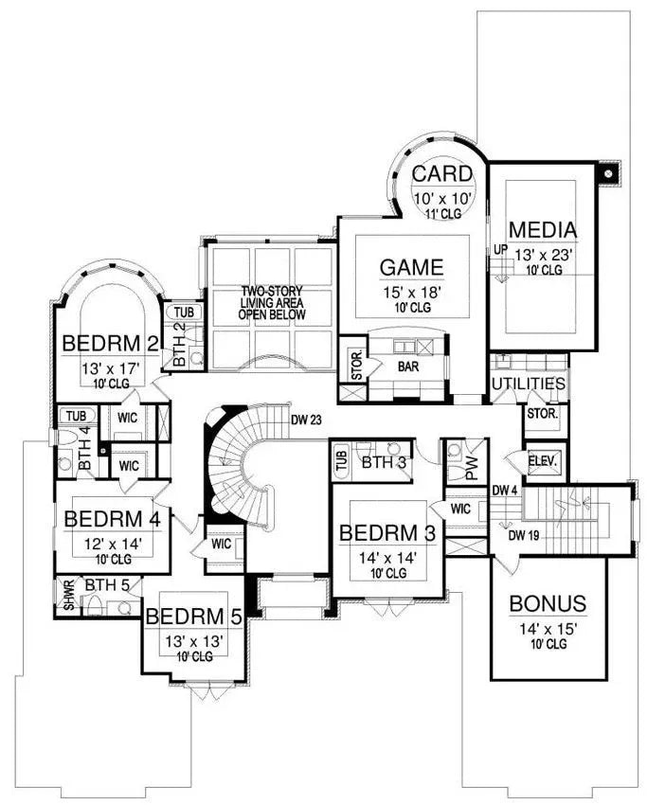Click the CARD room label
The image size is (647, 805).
point(441,173)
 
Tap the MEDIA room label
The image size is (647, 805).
point(542,229)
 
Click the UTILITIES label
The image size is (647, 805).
point(529,385)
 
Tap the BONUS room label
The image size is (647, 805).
point(548,603)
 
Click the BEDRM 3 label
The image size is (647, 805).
point(386,532)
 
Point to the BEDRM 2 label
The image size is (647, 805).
point(103,341)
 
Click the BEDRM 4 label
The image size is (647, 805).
point(111,519)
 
